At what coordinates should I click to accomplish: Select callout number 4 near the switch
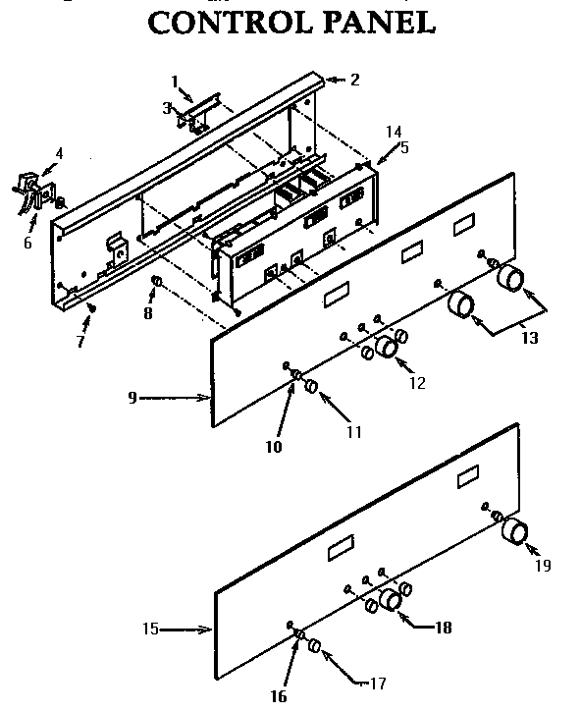click(59, 154)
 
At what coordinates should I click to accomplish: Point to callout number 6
click(27, 242)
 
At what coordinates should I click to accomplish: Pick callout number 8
click(148, 315)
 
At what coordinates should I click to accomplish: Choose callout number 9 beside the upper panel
click(131, 399)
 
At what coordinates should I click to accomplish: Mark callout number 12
click(418, 383)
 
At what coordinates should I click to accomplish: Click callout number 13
click(530, 338)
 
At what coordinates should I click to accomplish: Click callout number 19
click(543, 566)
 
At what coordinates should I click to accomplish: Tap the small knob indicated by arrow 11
click(311, 386)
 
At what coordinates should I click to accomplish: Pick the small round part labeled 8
click(154, 285)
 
